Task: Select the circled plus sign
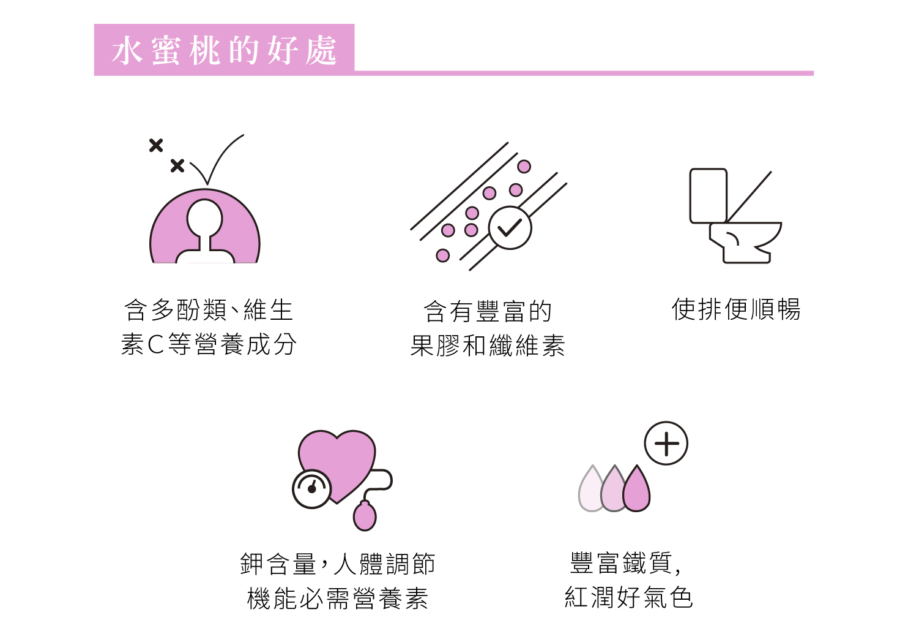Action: pos(666,444)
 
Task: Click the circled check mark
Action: pos(510,228)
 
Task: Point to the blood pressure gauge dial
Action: pos(312,489)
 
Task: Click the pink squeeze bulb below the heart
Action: pos(365,516)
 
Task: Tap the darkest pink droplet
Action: pos(637,491)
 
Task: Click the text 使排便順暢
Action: pos(736,309)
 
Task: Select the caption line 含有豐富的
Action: pos(488,312)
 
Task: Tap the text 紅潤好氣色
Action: pos(628,597)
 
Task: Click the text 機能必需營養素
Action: pos(338,599)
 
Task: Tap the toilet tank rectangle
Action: pos(708,195)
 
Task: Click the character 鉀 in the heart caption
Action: pos(251,564)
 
